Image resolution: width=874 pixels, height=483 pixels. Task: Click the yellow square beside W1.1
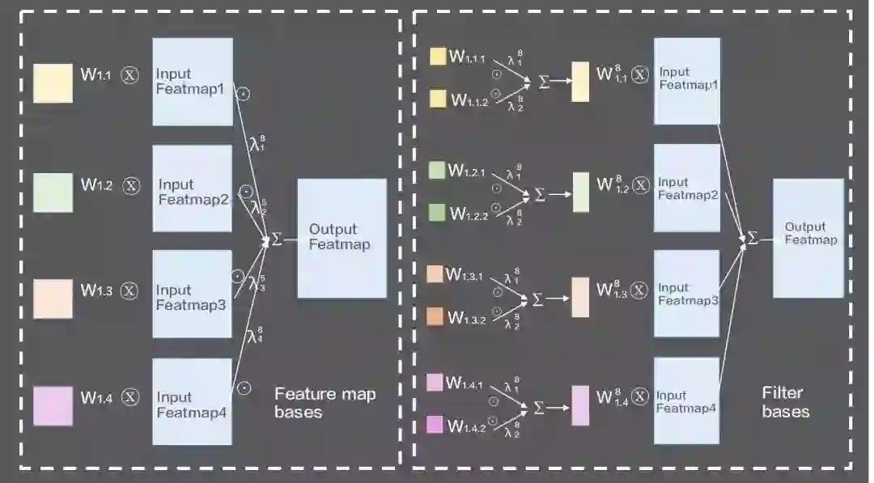pyautogui.click(x=53, y=83)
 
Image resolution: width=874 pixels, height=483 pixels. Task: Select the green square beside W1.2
pyautogui.click(x=53, y=193)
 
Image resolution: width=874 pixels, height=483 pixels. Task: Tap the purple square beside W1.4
pyautogui.click(x=53, y=406)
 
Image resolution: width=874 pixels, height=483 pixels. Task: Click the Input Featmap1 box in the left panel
pyautogui.click(x=193, y=82)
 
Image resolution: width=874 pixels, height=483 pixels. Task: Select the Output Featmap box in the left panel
pyautogui.click(x=342, y=238)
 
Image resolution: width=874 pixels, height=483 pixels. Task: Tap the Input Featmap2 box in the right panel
pyautogui.click(x=686, y=189)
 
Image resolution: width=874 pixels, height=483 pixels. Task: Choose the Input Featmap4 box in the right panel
pyautogui.click(x=686, y=400)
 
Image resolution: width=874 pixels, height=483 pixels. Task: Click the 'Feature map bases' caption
pyautogui.click(x=325, y=403)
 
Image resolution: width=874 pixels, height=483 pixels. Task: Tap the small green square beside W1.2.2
pyautogui.click(x=437, y=212)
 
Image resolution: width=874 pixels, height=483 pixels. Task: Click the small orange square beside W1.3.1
pyautogui.click(x=435, y=274)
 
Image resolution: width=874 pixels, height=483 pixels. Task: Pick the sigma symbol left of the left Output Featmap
pyautogui.click(x=277, y=239)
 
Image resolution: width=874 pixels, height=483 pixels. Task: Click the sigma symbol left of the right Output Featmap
pyautogui.click(x=752, y=238)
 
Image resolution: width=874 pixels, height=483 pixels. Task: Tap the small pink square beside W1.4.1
pyautogui.click(x=435, y=381)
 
